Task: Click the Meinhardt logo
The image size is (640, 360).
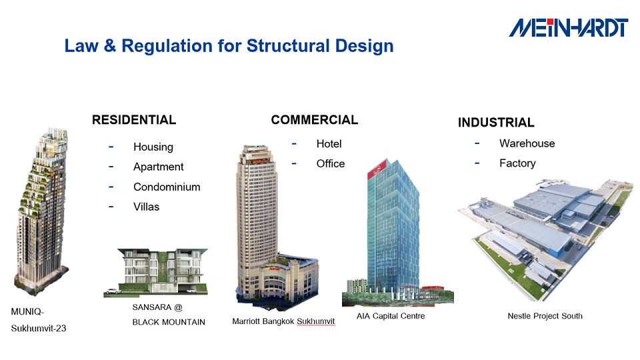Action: coord(568,27)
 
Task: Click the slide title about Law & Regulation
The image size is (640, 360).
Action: coord(229,46)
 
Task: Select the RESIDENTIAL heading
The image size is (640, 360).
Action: coord(134,120)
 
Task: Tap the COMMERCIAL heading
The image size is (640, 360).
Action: coord(314,120)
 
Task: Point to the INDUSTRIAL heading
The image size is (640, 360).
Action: coord(495,123)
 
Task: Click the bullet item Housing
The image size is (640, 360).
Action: coord(153,147)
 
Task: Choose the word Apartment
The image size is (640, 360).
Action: coord(158,167)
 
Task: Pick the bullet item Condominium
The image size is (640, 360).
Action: coord(167,187)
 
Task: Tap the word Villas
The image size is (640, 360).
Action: coord(146,207)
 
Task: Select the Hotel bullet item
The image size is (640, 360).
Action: coord(329,144)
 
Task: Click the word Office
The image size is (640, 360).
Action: coord(330,164)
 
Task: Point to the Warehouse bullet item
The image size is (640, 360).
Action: coord(527,143)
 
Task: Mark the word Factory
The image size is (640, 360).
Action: coord(517,163)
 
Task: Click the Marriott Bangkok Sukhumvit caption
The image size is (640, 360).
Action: coord(283,321)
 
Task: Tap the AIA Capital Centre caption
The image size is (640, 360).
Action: coord(391,316)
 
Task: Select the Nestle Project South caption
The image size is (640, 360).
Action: coord(545,316)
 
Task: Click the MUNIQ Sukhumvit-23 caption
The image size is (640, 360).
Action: coord(39,320)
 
